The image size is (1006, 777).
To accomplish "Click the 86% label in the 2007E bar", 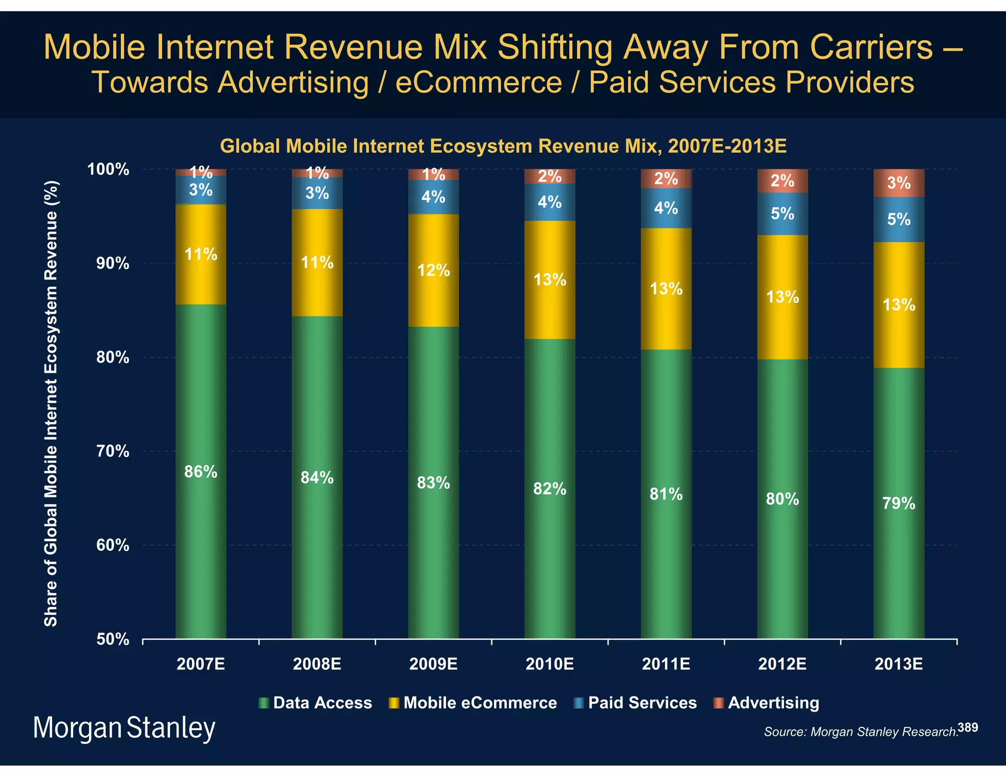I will (200, 472).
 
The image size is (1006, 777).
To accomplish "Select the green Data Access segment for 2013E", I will (898, 540).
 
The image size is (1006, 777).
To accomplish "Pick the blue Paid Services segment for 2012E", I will (782, 214).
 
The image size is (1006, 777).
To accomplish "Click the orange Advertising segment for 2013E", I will (898, 183).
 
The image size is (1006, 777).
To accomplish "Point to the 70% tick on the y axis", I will (112, 451).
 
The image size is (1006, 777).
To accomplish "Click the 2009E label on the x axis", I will (433, 664).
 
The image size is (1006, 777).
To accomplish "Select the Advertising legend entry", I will (773, 702).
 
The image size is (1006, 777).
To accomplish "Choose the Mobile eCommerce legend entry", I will (479, 702).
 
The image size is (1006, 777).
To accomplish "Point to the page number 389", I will (968, 727).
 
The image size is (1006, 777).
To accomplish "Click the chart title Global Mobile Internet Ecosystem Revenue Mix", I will (503, 146).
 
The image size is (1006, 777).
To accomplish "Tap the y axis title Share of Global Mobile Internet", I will (51, 403).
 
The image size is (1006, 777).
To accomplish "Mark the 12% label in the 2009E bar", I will (433, 270).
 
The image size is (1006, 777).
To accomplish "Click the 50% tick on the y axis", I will (112, 639).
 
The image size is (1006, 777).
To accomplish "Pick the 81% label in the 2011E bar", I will (666, 494).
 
